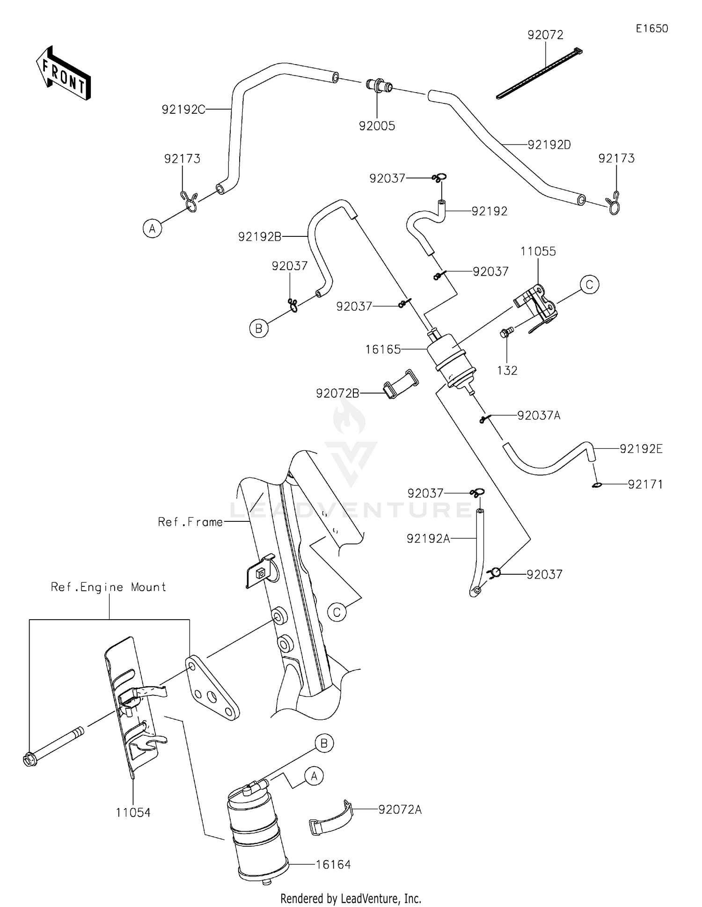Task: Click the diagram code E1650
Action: (x=651, y=29)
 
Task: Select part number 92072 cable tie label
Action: (x=545, y=35)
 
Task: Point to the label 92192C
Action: (x=183, y=110)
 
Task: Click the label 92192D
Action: (x=549, y=145)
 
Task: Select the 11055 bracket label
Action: (x=538, y=251)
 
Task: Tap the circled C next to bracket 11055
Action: (x=589, y=285)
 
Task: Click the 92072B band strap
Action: (x=401, y=384)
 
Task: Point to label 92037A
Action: (x=538, y=416)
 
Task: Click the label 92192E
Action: (x=641, y=449)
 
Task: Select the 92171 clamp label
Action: (x=645, y=484)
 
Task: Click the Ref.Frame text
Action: (x=190, y=522)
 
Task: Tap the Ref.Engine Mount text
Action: (x=109, y=587)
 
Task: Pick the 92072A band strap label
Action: (x=400, y=810)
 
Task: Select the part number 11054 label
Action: (x=133, y=813)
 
